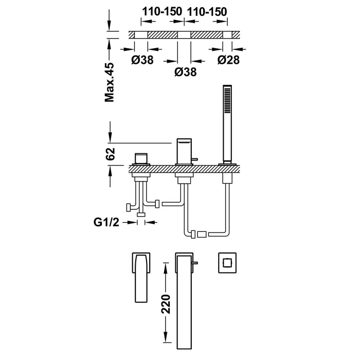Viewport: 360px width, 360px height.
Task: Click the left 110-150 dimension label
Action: click(162, 10)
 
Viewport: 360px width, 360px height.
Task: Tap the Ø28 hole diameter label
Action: click(228, 60)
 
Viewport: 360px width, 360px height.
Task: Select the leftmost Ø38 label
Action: click(142, 60)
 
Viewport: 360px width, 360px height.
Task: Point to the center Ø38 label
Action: click(185, 73)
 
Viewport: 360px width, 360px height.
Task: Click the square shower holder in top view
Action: click(224, 262)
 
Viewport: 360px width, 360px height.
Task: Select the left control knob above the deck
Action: click(141, 158)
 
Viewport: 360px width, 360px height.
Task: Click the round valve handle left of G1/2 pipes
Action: click(128, 207)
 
